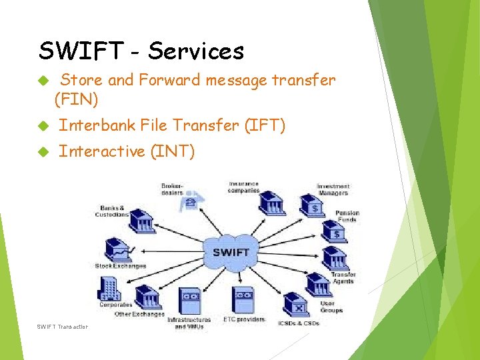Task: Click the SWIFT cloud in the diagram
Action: pyautogui.click(x=231, y=252)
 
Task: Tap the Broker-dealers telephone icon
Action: pyautogui.click(x=191, y=201)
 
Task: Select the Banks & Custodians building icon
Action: pyautogui.click(x=142, y=219)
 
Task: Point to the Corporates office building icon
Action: pyautogui.click(x=109, y=289)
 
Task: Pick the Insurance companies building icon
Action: pyautogui.click(x=272, y=201)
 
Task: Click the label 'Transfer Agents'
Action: pyautogui.click(x=343, y=278)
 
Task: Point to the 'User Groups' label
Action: pyautogui.click(x=331, y=307)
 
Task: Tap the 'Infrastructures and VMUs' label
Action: pyautogui.click(x=189, y=323)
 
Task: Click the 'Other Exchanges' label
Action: pyautogui.click(x=139, y=314)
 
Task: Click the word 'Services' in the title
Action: pyautogui.click(x=196, y=51)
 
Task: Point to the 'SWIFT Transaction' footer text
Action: pyautogui.click(x=63, y=326)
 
